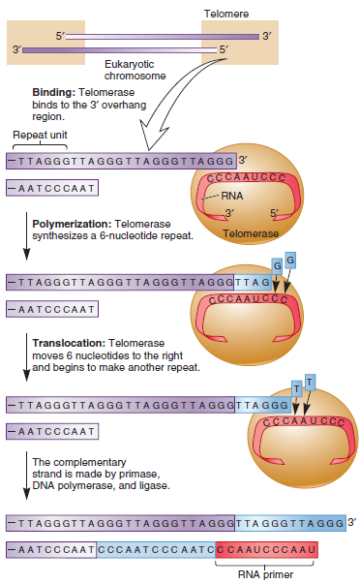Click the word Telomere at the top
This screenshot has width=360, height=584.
coord(225,13)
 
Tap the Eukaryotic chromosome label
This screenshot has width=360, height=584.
coord(135,69)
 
